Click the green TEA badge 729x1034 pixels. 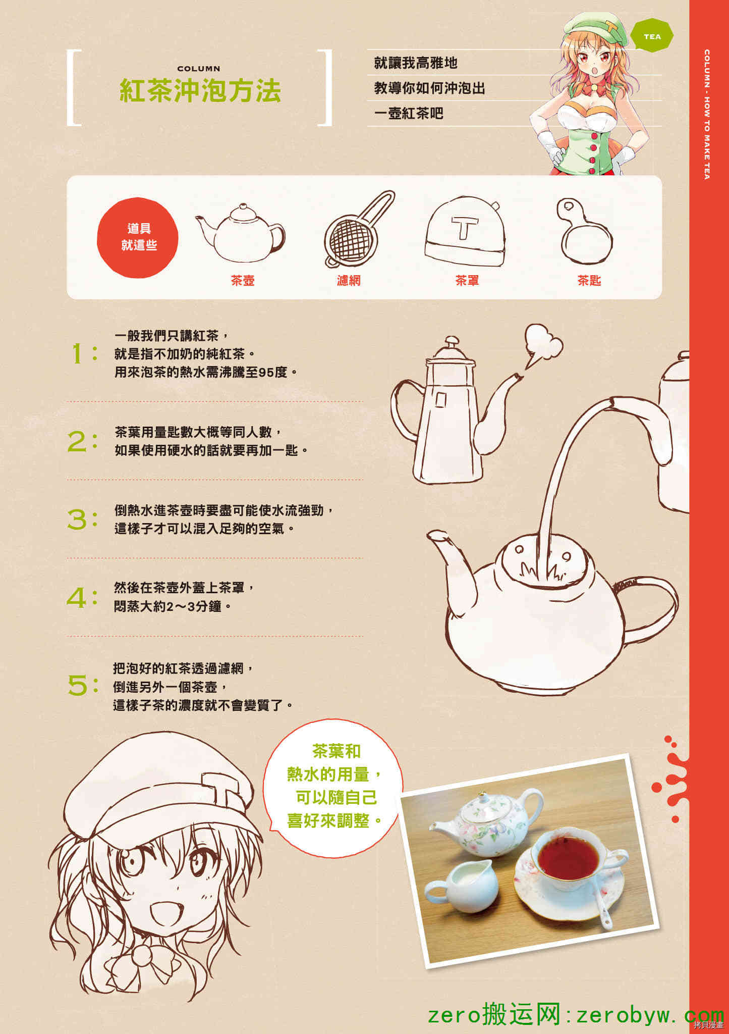(x=652, y=36)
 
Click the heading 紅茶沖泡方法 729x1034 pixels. (x=200, y=91)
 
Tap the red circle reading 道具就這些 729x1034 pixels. (x=138, y=237)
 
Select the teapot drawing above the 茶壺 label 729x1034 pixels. (x=241, y=233)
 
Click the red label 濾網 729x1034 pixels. (x=349, y=281)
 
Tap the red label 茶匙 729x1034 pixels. (x=589, y=281)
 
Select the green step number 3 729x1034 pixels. (x=77, y=520)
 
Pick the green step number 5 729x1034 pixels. (x=78, y=686)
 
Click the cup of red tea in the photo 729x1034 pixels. (x=568, y=858)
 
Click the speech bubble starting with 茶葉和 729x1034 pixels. (x=333, y=789)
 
